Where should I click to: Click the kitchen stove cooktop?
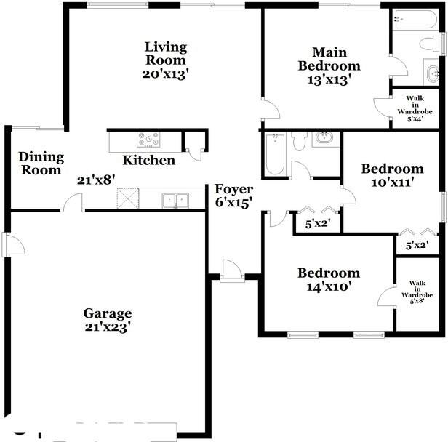coord(148,140)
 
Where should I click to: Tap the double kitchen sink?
coord(175,200)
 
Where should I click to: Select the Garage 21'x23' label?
coord(108,320)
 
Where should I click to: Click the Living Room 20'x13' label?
coord(166,60)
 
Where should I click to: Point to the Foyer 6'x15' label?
coord(234,196)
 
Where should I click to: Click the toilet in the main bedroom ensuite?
coord(428,44)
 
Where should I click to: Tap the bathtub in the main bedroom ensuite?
coord(415,20)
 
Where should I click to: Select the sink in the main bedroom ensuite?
coord(432,73)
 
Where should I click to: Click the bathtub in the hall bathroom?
coord(275,154)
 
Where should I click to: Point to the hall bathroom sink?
coord(325,138)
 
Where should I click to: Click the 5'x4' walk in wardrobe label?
coord(415,108)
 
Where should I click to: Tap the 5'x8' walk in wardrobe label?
coord(417,292)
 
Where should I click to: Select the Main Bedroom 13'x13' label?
coord(329,66)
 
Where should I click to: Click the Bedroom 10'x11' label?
coord(393,175)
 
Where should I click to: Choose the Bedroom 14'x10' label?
coord(329,279)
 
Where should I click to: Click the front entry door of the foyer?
coord(232,271)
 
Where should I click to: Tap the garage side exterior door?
coord(13,244)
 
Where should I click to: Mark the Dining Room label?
coord(41,163)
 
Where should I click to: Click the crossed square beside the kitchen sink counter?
coord(128,198)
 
